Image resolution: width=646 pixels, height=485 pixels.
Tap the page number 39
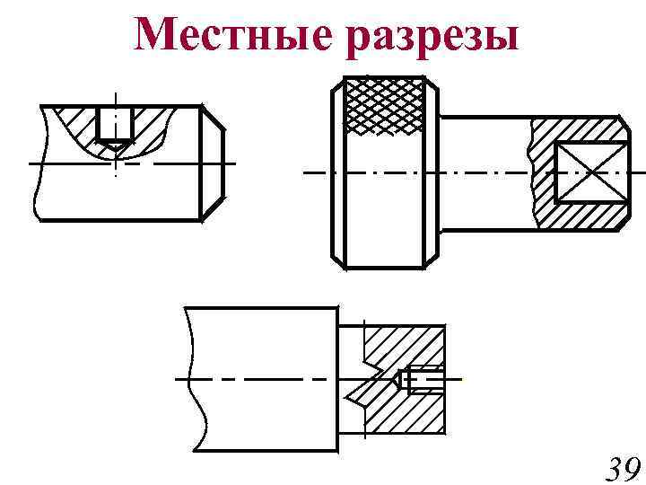coord(619,470)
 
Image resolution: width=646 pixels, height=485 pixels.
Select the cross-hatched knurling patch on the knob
coord(385,106)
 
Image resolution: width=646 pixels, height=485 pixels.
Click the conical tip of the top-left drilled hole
coord(116,144)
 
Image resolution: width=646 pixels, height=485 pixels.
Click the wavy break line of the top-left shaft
coord(37,163)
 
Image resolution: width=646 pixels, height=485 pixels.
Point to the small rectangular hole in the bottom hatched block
coord(423,380)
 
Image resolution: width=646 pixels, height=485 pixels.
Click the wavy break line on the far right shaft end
coord(624,171)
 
